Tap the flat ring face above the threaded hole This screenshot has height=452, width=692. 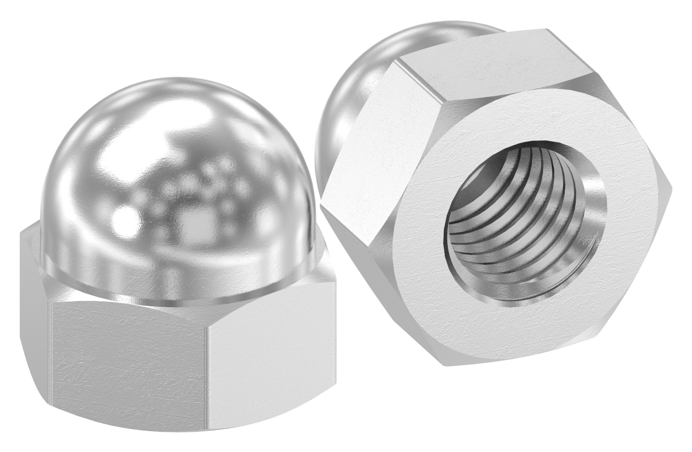click(521, 128)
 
